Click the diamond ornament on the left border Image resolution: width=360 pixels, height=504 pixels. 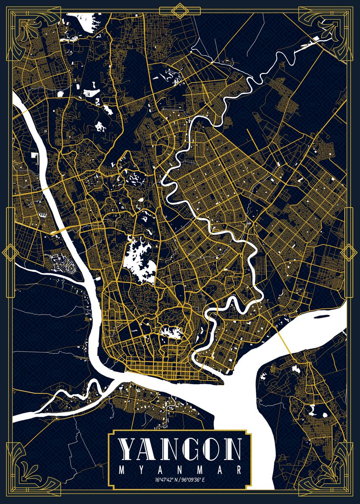[x=8, y=252]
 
